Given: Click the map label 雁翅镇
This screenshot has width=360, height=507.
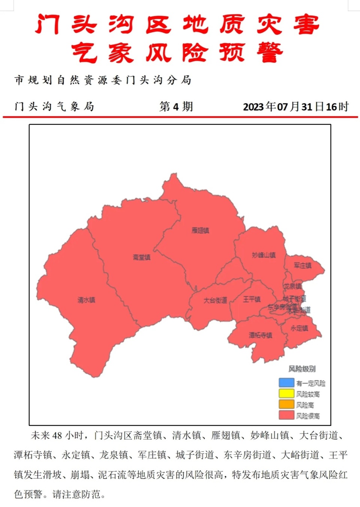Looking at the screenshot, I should [x=200, y=230].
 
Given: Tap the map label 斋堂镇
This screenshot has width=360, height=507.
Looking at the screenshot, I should [x=141, y=257].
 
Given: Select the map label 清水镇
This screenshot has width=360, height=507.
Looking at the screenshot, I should [x=86, y=300].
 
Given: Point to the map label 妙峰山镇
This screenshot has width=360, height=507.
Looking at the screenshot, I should [x=264, y=255].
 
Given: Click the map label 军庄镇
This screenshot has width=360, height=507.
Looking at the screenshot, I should [x=302, y=265].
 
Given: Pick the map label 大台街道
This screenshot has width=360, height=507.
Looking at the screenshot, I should [x=215, y=300].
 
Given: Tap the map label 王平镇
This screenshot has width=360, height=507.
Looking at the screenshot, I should [x=252, y=299].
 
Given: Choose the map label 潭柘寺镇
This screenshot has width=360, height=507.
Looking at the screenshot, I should [x=261, y=335].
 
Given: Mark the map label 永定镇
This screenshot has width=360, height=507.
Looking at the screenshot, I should [x=299, y=328].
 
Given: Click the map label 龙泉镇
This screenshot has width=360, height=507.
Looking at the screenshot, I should [x=292, y=286].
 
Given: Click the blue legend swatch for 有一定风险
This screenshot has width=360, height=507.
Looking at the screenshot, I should [x=286, y=382].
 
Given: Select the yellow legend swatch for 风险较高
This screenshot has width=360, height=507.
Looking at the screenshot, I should [x=286, y=393].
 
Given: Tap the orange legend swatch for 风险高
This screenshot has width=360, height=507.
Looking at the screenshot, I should [x=286, y=404].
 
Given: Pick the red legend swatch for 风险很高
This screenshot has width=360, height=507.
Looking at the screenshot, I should [x=286, y=415].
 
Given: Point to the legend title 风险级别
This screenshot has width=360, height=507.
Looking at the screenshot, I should [x=302, y=369].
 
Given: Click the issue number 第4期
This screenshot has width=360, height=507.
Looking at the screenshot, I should [x=176, y=106].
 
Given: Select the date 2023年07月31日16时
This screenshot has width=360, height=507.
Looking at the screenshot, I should [x=295, y=106].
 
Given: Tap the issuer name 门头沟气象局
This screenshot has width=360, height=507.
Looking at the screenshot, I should [x=54, y=106].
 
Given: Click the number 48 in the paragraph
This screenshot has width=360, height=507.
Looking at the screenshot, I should [x=57, y=435].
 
